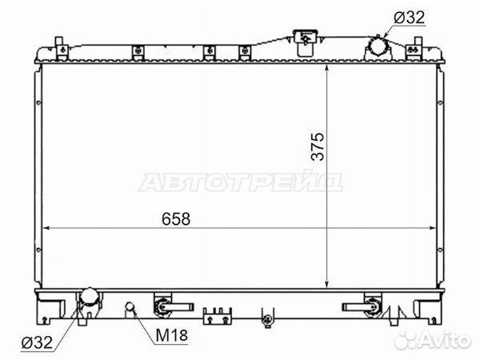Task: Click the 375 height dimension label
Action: tap(318, 146)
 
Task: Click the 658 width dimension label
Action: tap(176, 218)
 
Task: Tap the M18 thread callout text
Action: tap(171, 335)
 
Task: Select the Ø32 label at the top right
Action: tap(410, 17)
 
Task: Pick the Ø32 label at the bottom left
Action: tap(37, 342)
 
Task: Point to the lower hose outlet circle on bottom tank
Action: tap(89, 297)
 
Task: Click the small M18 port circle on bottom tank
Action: tap(130, 306)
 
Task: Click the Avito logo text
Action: tap(432, 339)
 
